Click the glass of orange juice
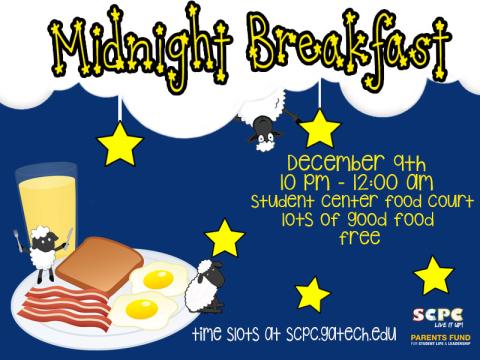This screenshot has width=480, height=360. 40,205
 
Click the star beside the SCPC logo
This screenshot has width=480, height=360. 434,274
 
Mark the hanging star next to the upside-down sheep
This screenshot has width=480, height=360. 319,129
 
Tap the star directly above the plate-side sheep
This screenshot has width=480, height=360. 225,237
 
